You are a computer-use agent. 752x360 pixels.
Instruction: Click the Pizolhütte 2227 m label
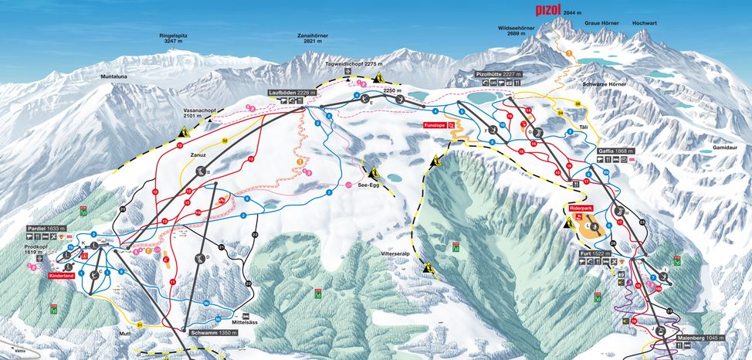point(499,73)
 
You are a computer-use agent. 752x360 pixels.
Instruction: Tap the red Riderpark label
point(580,208)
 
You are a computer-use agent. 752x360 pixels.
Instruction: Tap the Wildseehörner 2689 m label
point(522,31)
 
